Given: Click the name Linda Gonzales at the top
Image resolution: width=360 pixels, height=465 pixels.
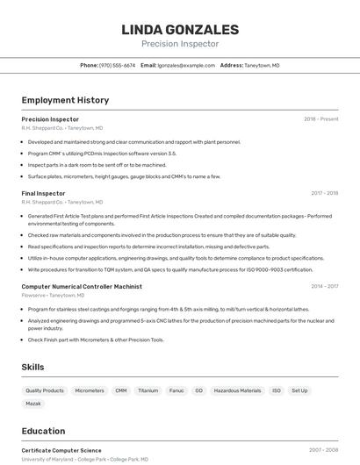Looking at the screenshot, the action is [180, 30].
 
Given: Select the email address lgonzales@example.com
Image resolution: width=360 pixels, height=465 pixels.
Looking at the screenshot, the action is [186, 65].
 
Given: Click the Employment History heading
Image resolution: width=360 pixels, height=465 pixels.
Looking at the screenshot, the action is [65, 100].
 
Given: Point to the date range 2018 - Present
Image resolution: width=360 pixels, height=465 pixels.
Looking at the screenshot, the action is [320, 118].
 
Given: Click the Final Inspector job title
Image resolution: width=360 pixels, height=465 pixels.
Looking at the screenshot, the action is [43, 193].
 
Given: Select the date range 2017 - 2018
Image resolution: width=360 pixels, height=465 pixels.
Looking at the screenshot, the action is [324, 193].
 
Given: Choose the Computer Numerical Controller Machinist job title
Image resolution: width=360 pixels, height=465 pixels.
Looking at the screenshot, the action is [82, 286].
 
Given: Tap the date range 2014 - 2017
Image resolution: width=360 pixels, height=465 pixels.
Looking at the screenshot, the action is [324, 286].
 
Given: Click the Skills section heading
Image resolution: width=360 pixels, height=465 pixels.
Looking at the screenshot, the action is [32, 367].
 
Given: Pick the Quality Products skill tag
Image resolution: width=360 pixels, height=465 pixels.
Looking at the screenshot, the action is [45, 390].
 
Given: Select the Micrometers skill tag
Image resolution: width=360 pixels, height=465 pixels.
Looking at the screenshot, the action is [90, 390].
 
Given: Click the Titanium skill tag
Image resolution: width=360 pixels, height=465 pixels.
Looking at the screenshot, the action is [148, 390].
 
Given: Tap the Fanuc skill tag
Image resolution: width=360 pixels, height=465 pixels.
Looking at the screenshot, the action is [176, 390].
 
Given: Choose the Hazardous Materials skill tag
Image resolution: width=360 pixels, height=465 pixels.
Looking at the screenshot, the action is [237, 390].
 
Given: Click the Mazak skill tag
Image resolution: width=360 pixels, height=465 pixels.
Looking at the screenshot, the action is [33, 404].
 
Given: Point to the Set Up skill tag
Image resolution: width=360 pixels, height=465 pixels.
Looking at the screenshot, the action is [299, 390].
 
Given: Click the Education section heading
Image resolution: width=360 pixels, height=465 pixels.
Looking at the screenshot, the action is [43, 431].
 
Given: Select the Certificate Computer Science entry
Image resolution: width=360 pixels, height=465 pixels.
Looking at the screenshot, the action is [61, 450].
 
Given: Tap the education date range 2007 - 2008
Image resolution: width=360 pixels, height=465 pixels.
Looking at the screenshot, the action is [323, 450].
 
